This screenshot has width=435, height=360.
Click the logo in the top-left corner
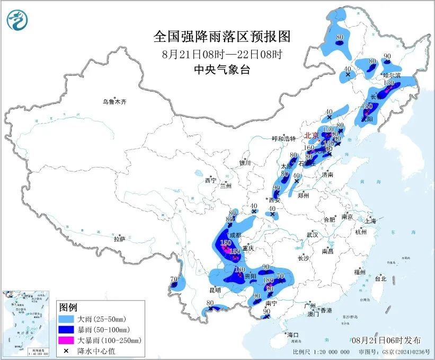(17, 21)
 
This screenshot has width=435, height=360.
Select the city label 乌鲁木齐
(116, 102)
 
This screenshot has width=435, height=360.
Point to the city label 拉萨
(119, 239)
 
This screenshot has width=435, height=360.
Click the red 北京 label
(312, 136)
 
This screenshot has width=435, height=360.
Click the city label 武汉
(312, 234)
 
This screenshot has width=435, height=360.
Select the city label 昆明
(215, 290)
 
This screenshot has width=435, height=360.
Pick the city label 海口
(293, 335)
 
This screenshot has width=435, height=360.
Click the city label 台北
(380, 278)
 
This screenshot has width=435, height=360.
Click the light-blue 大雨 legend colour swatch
(68, 319)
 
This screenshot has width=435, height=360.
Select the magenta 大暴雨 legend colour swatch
(68, 340)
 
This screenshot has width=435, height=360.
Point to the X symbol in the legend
(68, 350)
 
